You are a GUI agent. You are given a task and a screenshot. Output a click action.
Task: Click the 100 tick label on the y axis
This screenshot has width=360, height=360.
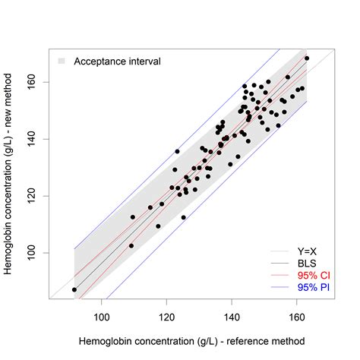(30, 253)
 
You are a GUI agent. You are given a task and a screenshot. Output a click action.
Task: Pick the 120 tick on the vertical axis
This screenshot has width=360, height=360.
(30, 196)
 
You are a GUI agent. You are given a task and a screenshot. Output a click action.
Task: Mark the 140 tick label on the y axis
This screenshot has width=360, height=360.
(30, 139)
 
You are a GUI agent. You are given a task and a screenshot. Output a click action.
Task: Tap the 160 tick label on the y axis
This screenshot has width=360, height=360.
(30, 82)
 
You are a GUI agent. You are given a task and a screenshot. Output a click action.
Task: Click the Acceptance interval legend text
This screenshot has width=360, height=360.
(116, 61)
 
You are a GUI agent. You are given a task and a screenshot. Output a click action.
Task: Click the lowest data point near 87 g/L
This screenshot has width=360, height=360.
(74, 289)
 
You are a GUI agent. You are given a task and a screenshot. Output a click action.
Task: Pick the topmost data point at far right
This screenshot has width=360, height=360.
(307, 58)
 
